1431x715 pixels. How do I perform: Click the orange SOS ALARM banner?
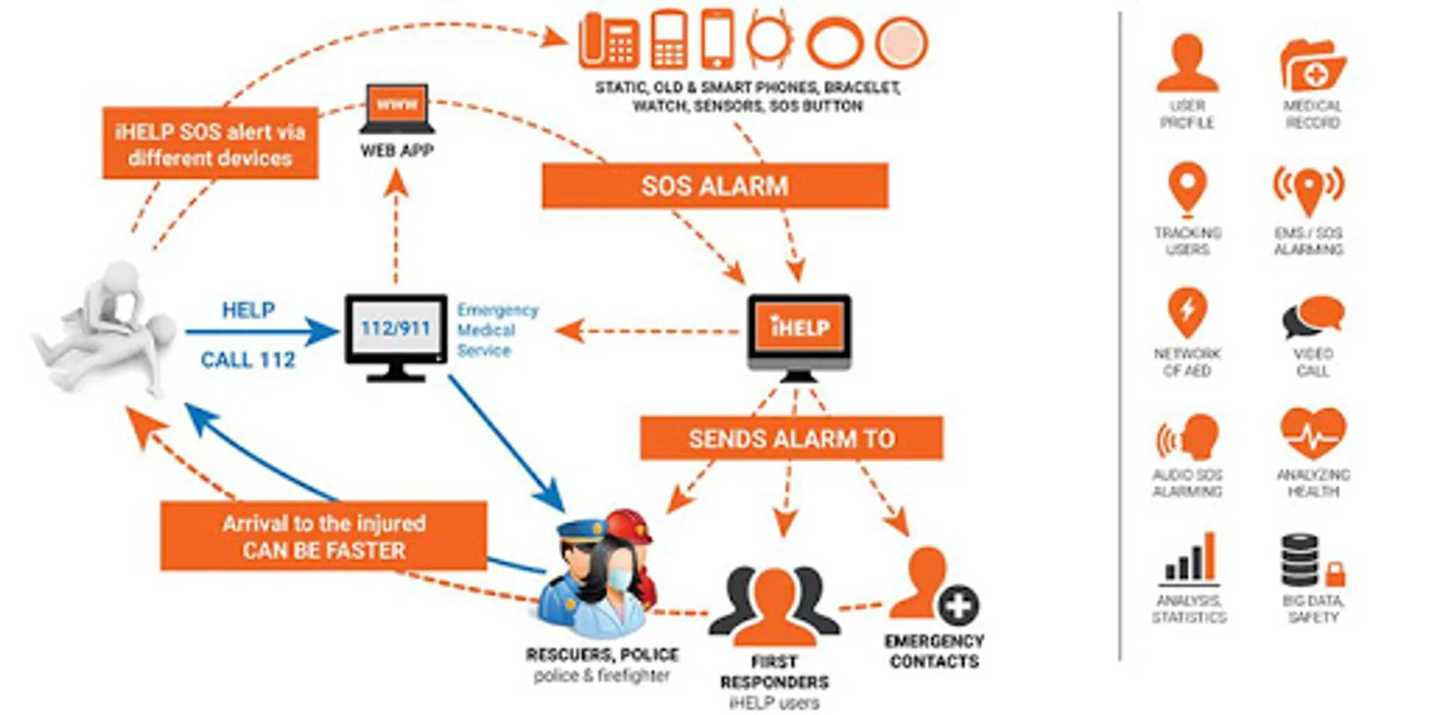click(714, 186)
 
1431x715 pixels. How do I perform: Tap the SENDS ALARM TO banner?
click(791, 439)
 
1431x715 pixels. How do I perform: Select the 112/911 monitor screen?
click(395, 327)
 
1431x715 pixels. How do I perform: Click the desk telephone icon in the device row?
click(609, 40)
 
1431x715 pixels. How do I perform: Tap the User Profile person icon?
click(1186, 63)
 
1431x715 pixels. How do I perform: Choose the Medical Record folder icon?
click(1312, 65)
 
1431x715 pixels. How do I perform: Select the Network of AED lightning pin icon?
click(1187, 313)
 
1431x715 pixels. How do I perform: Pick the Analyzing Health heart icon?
click(1313, 433)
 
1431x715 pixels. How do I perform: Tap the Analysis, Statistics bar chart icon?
click(1189, 558)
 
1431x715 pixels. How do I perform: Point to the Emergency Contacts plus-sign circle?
click(958, 606)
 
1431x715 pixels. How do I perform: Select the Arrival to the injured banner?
click(324, 536)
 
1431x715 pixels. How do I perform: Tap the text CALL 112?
click(247, 360)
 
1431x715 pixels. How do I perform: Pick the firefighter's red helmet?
click(630, 526)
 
